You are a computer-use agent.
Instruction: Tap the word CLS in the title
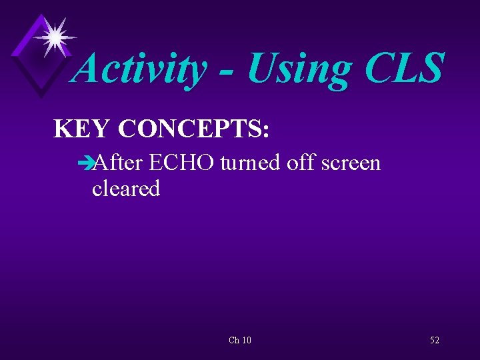402,69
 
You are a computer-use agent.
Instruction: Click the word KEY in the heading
81,129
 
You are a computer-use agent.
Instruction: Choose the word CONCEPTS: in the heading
193,129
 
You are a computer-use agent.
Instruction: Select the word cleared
126,189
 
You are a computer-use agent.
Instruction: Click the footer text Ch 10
239,341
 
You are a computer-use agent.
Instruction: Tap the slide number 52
435,341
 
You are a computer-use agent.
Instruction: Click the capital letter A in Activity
87,69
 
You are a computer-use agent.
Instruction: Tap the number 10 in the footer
246,341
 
